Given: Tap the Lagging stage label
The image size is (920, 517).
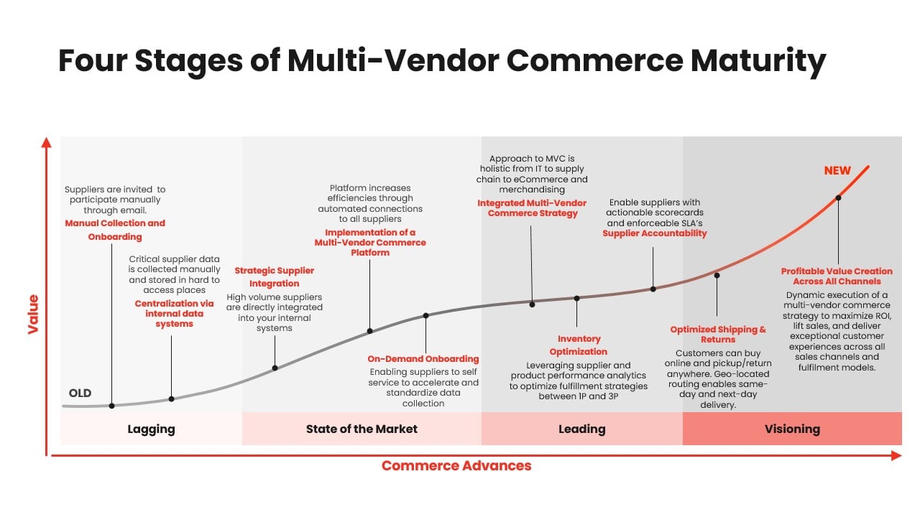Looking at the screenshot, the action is click(151, 429).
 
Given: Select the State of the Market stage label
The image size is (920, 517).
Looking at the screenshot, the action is click(362, 429).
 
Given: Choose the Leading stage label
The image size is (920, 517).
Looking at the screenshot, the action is click(581, 429).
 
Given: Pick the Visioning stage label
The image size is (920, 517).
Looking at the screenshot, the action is click(792, 429).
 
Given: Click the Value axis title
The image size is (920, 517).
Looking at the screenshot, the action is click(33, 315).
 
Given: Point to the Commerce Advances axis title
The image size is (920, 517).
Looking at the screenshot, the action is click(456, 466).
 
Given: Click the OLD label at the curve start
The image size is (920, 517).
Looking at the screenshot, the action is click(80, 393).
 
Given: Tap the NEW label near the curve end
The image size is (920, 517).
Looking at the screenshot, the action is click(837, 171).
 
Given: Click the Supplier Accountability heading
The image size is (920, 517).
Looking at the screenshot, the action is click(654, 233).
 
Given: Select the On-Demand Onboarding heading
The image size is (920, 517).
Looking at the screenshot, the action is click(423, 359).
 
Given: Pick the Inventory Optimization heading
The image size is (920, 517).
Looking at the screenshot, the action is click(579, 345).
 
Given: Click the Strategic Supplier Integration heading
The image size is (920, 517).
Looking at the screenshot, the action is click(275, 277).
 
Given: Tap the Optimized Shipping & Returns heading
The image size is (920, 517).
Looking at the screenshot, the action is click(718, 335).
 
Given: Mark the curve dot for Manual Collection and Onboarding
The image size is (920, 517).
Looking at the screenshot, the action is click(111, 406).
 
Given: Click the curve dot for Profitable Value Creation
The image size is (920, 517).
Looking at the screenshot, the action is click(838, 197).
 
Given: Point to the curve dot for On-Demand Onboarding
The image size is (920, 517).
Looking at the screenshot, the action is click(426, 315).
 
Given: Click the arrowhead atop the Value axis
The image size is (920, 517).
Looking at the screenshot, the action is click(47, 142).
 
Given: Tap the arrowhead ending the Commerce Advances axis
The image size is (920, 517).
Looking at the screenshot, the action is click(896, 455).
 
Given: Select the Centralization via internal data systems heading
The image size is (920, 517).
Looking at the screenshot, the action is click(174, 314).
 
